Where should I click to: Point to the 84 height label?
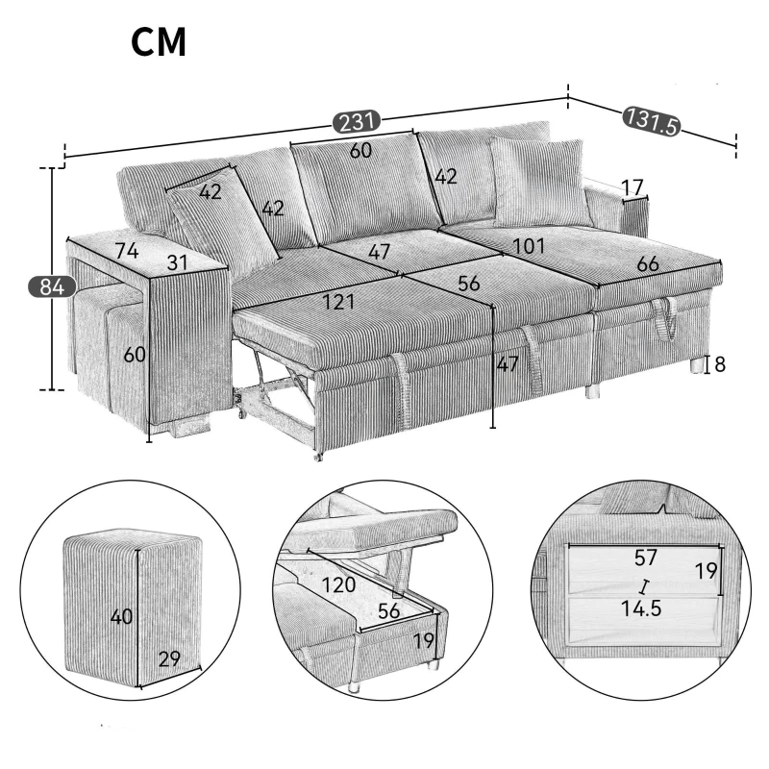point(45,286)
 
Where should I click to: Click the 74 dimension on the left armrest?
point(126,252)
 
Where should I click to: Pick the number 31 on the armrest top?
point(175,261)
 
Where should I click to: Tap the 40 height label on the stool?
point(121,616)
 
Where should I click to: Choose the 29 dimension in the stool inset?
point(169,659)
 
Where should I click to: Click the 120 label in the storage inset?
point(337,584)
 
